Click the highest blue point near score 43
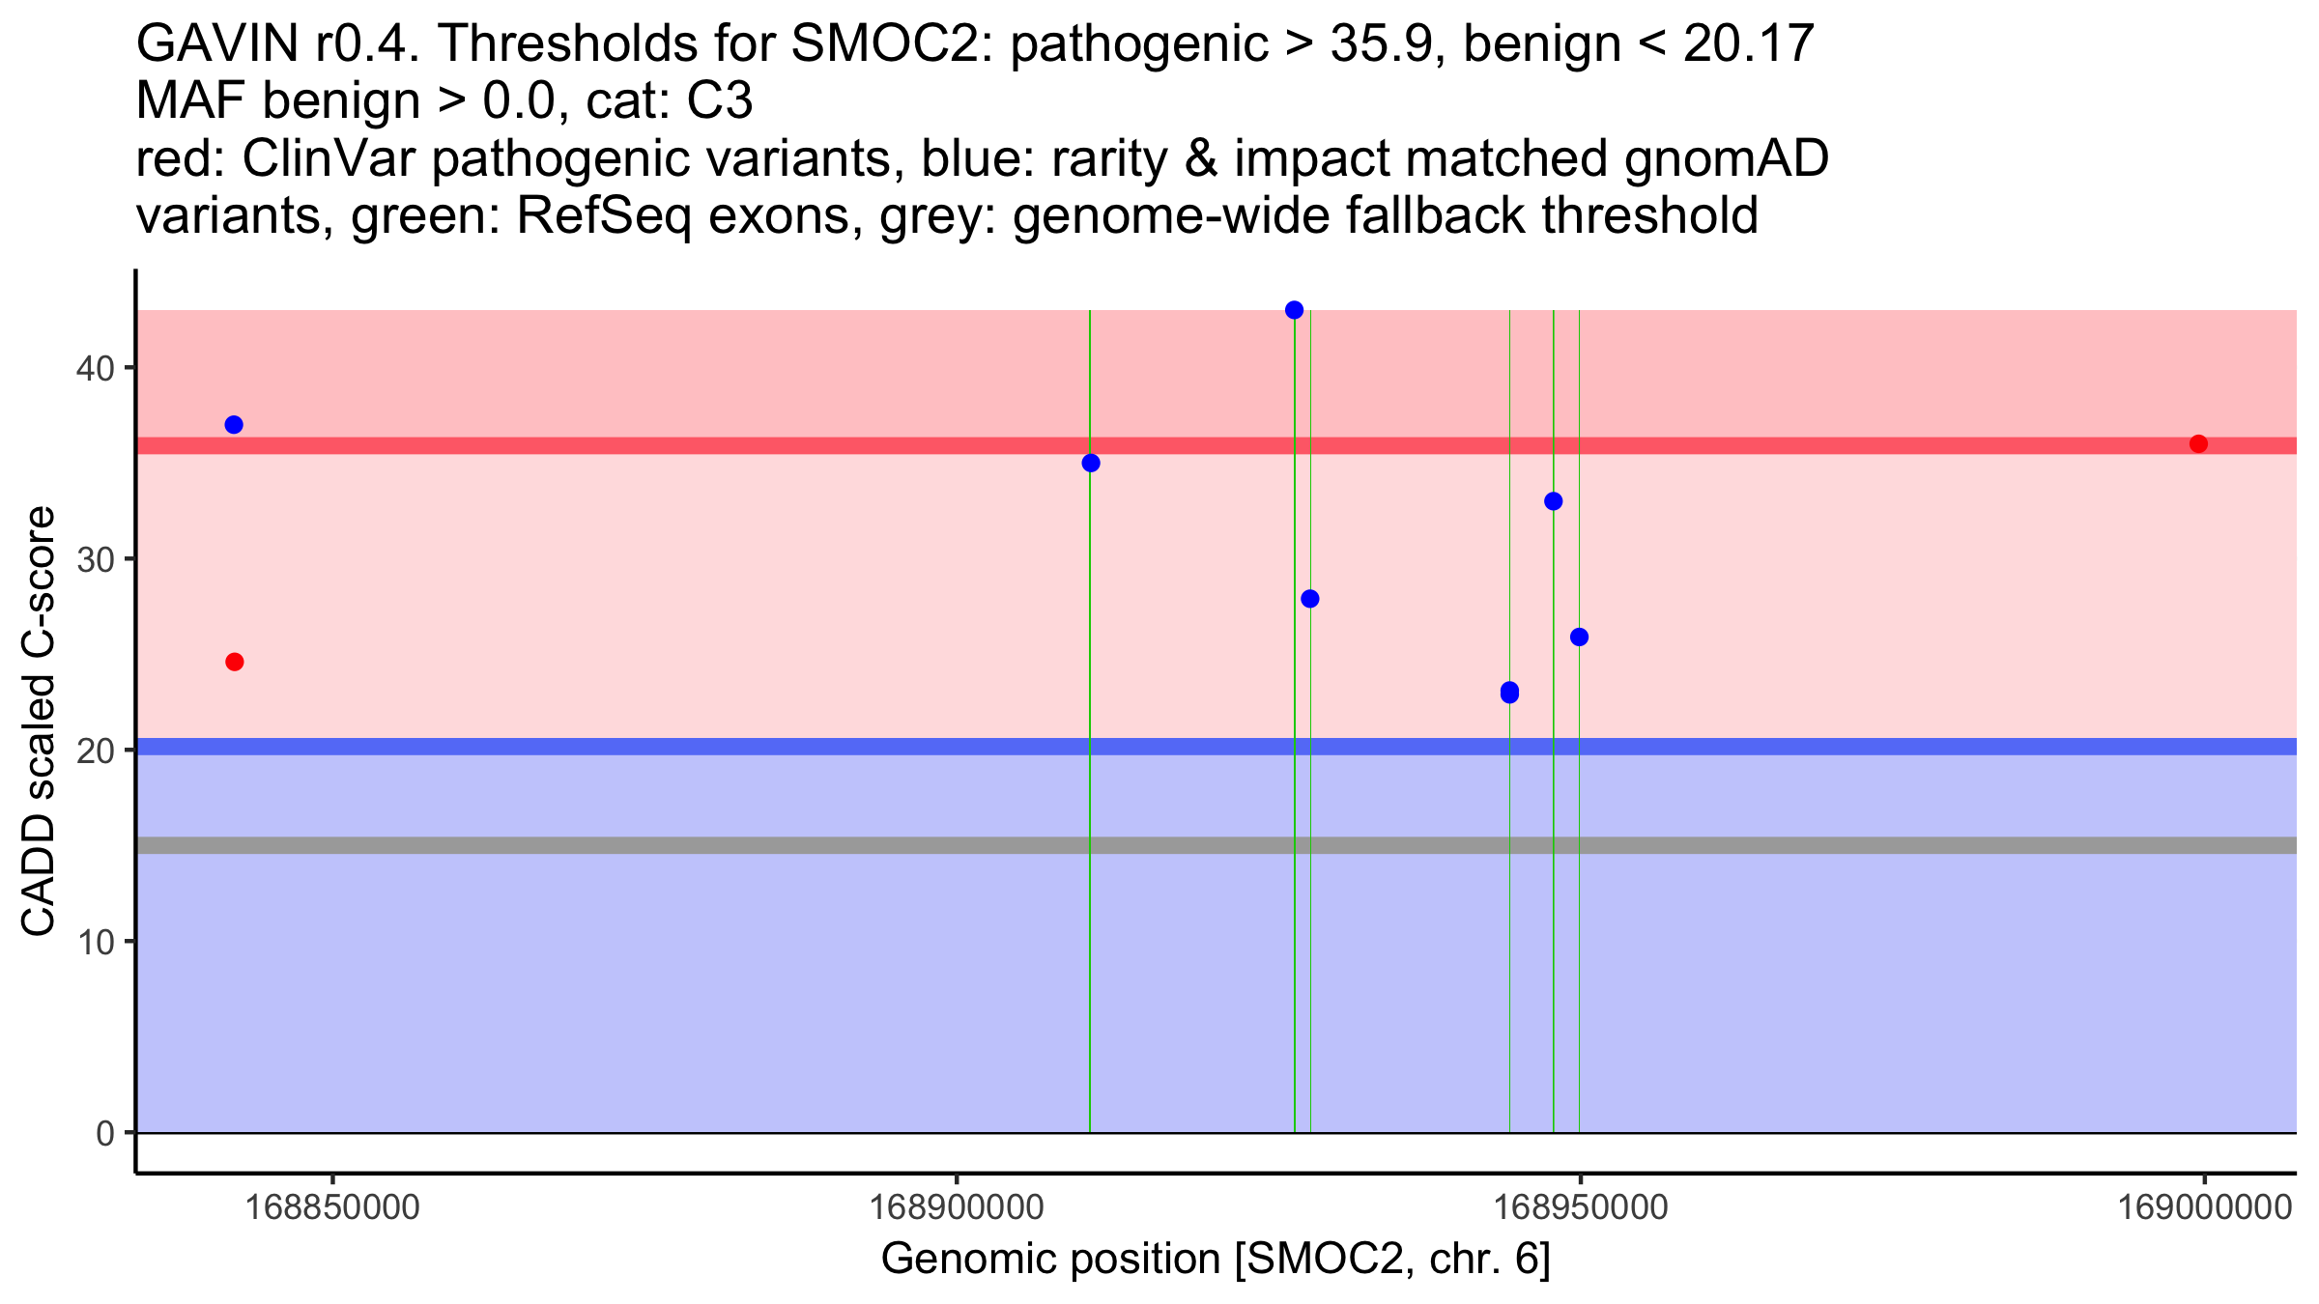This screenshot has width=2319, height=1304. click(x=1294, y=310)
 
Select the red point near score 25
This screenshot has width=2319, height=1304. click(x=234, y=662)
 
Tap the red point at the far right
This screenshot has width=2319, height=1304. click(x=2198, y=444)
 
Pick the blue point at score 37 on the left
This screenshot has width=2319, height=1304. click(x=234, y=425)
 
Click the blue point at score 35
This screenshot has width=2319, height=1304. click(x=1091, y=464)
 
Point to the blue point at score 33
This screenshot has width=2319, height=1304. click(x=1553, y=501)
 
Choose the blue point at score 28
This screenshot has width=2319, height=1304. click(x=1309, y=599)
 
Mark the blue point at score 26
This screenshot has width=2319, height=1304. click(x=1579, y=638)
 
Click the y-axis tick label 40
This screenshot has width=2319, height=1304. click(x=95, y=369)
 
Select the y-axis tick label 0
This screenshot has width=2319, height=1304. click(x=105, y=1134)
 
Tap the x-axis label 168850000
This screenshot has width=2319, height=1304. click(x=332, y=1207)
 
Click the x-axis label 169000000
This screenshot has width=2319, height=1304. click(x=2204, y=1207)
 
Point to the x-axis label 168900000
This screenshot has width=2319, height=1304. click(x=957, y=1207)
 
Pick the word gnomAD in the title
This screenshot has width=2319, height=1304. click(x=1726, y=158)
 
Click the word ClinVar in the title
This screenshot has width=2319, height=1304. click(x=330, y=158)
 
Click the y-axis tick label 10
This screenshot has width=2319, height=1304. click(x=95, y=943)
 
